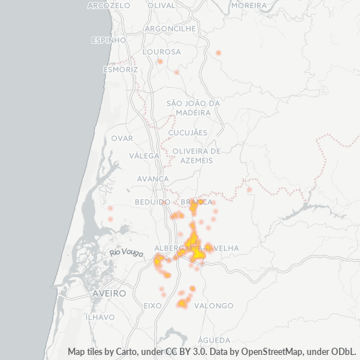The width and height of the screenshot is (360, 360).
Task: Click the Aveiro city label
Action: click(109, 294)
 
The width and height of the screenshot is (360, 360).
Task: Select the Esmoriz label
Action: click(120, 70)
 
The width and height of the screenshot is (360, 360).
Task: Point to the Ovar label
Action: click(122, 138)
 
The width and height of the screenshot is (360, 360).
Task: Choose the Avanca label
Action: click(153, 179)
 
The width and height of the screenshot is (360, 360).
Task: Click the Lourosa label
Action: click(161, 52)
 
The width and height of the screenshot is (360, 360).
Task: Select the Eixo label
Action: click(153, 305)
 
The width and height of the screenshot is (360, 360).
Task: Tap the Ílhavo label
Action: click(100, 317)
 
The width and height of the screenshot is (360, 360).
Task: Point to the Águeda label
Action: click(213, 339)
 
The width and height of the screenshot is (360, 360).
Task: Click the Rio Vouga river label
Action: click(125, 252)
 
